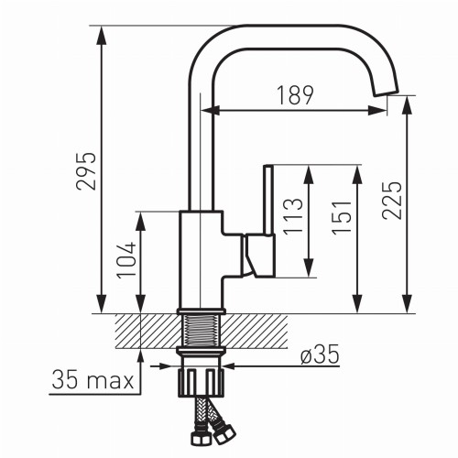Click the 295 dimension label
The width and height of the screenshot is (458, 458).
coord(86,169)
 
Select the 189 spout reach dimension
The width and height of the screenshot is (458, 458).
coord(294,94)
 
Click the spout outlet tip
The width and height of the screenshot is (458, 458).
coord(386,89)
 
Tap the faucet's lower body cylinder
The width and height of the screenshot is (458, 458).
coord(200,261)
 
